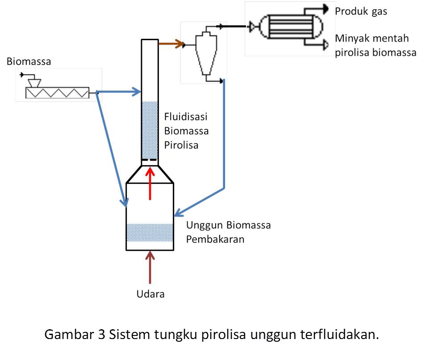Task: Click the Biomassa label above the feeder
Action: [29, 62]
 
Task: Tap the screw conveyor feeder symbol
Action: [57, 92]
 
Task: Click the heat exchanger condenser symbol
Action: [286, 27]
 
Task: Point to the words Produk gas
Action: [361, 12]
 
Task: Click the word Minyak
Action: [352, 39]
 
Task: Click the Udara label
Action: [150, 294]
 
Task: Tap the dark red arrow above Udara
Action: [150, 268]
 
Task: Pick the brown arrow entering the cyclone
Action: [171, 44]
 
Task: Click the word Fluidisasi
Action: [186, 117]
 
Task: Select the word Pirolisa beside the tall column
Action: [181, 145]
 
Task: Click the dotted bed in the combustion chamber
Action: [150, 232]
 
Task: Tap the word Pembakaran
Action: [215, 240]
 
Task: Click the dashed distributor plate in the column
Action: [150, 159]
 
